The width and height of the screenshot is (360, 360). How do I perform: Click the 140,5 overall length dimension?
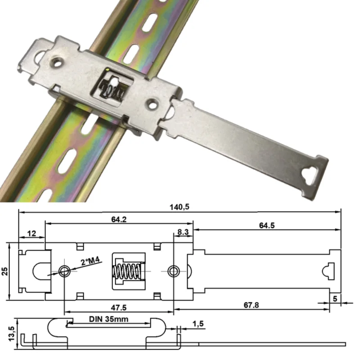pyautogui.click(x=179, y=207)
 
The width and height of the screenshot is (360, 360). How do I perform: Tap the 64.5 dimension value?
pyautogui.click(x=266, y=225)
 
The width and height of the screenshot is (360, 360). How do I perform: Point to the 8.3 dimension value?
pyautogui.click(x=183, y=233)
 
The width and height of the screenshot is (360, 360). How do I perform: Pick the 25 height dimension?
pyautogui.click(x=5, y=271)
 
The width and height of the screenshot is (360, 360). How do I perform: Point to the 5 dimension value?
pyautogui.click(x=334, y=298)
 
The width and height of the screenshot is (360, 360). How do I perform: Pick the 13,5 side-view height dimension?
pyautogui.click(x=5, y=333)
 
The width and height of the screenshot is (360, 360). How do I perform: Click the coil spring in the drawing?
pyautogui.click(x=127, y=271)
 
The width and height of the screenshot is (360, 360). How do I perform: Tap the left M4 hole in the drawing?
pyautogui.click(x=64, y=271)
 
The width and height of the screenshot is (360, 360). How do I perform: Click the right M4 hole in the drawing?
pyautogui.click(x=173, y=271)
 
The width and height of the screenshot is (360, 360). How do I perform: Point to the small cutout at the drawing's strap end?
pyautogui.click(x=326, y=271)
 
